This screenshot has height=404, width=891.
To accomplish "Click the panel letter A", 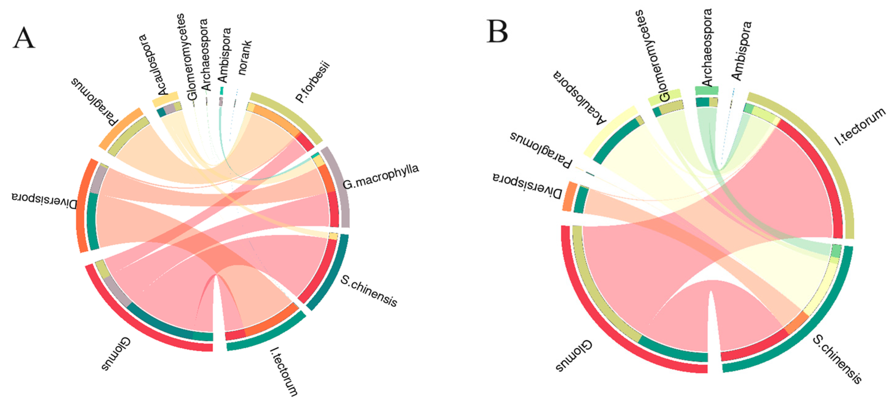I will (x=24, y=38).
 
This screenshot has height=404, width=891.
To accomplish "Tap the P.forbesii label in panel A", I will (x=313, y=82).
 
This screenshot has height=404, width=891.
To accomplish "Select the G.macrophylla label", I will (x=380, y=177).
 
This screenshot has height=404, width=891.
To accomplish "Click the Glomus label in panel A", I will (x=116, y=354).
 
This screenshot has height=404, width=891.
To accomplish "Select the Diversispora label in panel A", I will (x=44, y=201).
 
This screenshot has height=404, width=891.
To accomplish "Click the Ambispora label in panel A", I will (x=225, y=55).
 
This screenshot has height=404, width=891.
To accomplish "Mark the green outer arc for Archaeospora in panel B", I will (x=707, y=90).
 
